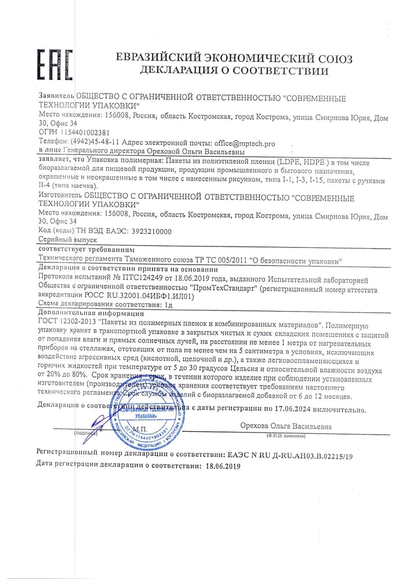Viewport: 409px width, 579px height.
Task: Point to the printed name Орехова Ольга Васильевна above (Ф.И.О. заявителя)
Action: click(285, 427)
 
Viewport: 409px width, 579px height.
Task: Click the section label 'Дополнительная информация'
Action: click(92, 313)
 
